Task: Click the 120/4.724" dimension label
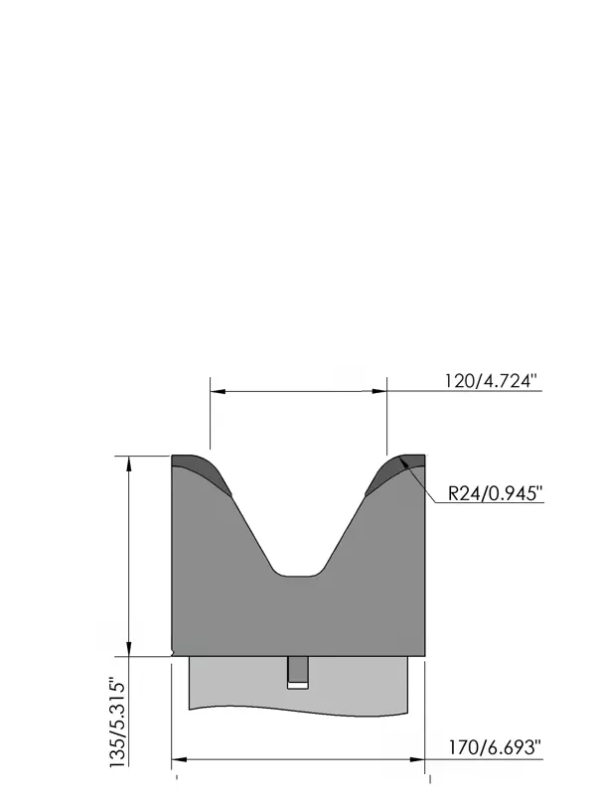coord(491,380)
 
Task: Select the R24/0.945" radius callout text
coord(495,492)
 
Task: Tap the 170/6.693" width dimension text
coord(495,747)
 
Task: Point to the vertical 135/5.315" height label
coord(117,725)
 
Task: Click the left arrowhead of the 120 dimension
coord(218,391)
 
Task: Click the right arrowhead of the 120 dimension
coord(379,391)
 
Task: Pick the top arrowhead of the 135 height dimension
coord(129,463)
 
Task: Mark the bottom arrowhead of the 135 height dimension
coord(129,649)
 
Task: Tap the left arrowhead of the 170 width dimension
coord(180,759)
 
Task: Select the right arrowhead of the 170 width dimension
coord(417,759)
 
